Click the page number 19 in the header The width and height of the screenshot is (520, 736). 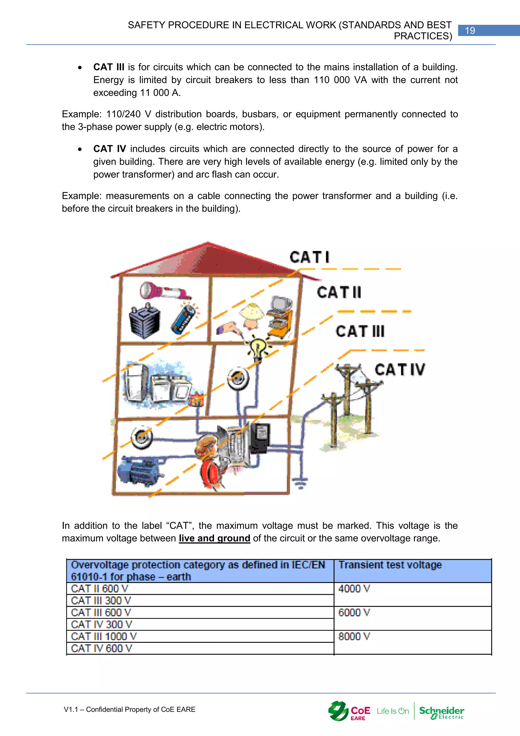(470, 30)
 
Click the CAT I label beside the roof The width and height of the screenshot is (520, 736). (309, 257)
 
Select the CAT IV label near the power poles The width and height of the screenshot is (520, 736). (400, 370)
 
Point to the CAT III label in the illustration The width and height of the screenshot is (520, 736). (360, 331)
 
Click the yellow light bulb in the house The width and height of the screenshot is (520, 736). (258, 348)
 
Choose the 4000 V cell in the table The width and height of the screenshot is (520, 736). (412, 594)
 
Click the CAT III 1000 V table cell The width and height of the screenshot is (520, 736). (200, 636)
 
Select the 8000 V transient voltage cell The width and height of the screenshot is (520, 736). (412, 642)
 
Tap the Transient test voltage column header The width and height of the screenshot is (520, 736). (390, 565)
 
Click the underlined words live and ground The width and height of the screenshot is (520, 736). (214, 538)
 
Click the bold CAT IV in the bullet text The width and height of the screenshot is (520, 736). (109, 149)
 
